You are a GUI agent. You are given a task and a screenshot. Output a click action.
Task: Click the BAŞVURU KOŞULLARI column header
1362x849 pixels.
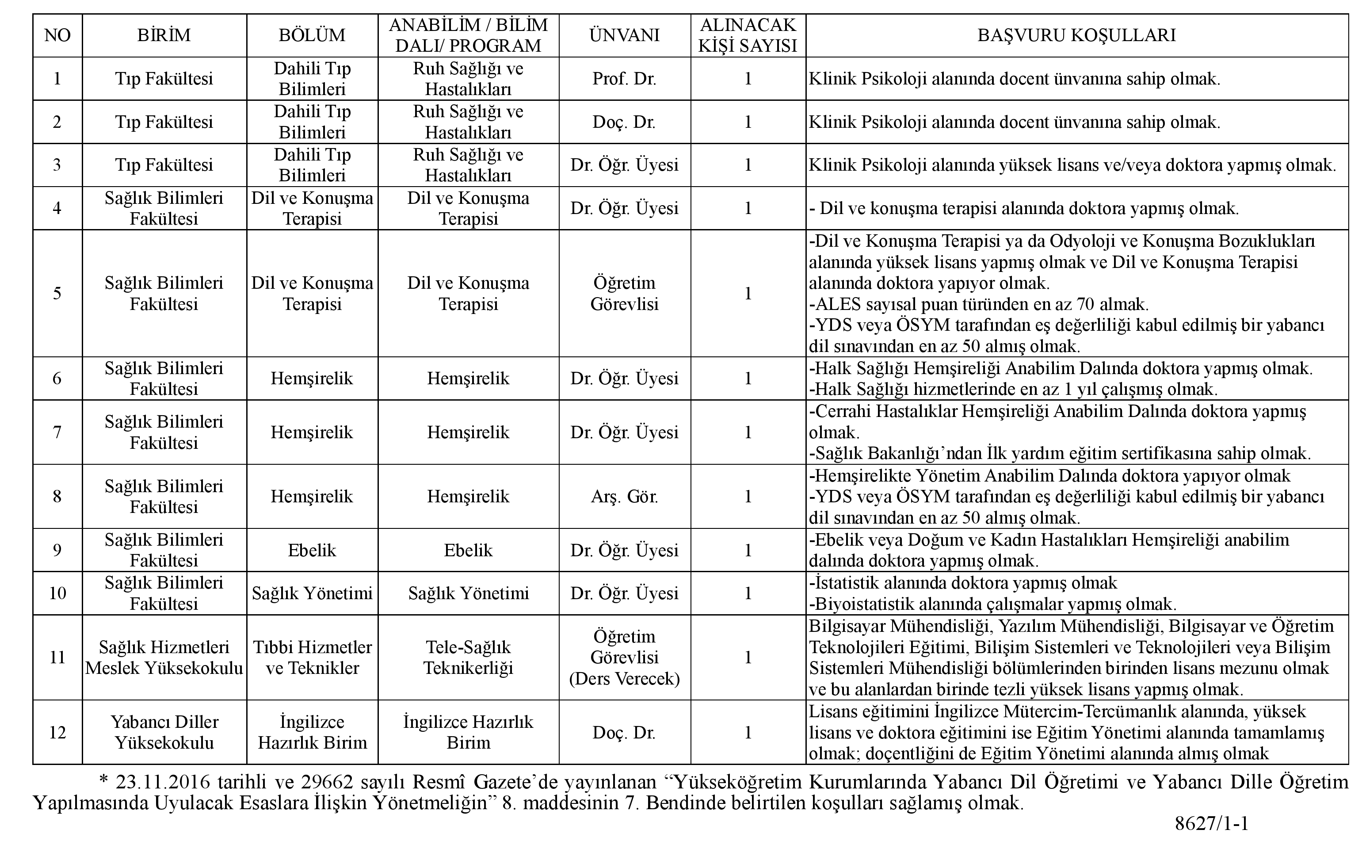click(1076, 35)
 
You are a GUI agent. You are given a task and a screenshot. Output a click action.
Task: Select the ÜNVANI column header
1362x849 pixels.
click(624, 35)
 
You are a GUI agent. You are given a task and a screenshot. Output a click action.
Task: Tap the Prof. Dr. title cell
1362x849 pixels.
click(624, 79)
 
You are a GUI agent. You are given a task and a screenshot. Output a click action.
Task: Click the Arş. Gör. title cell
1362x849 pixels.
click(624, 497)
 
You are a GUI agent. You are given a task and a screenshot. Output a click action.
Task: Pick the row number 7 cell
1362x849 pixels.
click(57, 432)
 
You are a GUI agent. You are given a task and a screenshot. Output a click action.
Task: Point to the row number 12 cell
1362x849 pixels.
click(57, 732)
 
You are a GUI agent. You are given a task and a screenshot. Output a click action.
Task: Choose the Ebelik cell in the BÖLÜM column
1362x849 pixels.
click(312, 550)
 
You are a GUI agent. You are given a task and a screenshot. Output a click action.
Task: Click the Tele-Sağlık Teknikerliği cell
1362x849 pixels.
click(468, 658)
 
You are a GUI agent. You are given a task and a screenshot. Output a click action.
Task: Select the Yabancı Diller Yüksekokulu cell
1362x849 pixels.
click(164, 732)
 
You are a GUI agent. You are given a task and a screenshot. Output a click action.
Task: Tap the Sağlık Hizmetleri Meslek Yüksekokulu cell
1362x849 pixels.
click(164, 658)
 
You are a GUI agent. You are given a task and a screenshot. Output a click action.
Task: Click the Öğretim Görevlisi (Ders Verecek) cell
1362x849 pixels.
click(624, 658)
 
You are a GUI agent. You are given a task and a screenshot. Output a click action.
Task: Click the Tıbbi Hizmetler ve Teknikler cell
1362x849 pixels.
click(312, 658)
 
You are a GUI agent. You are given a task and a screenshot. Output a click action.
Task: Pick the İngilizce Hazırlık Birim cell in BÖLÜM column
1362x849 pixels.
click(312, 732)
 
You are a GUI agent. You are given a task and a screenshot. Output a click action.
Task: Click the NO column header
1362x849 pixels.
click(57, 35)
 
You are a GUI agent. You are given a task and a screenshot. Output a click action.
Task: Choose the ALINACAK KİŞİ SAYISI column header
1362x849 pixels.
click(748, 35)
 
